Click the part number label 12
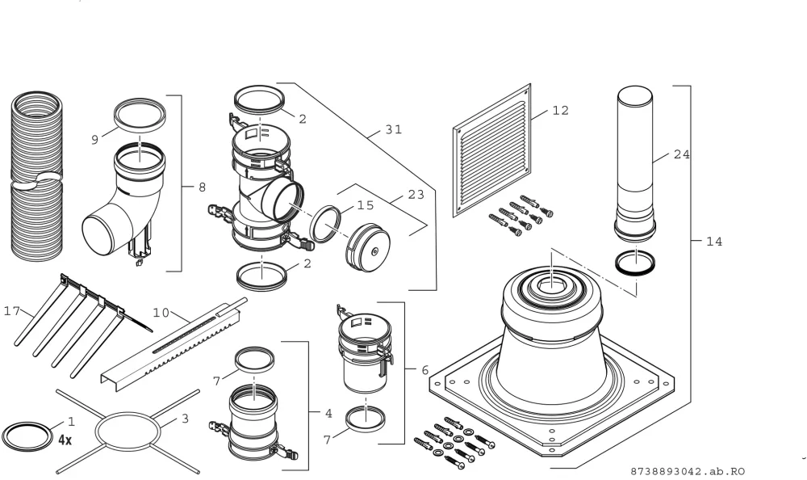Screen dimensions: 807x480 click(x=561, y=111)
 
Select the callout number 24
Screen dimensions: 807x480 click(x=681, y=154)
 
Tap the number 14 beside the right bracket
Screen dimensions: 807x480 click(x=714, y=242)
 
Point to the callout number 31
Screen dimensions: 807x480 click(x=394, y=129)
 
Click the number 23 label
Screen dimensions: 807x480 click(x=416, y=195)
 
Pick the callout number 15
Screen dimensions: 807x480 click(x=366, y=205)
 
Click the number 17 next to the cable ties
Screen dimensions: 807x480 click(x=12, y=311)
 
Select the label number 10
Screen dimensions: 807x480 click(x=161, y=313)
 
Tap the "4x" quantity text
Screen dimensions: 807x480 click(x=65, y=440)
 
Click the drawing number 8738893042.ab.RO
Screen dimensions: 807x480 click(x=688, y=471)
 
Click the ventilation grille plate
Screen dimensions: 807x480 click(x=492, y=150)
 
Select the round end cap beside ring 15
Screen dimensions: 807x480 click(x=368, y=247)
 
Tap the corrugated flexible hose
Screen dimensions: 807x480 click(x=36, y=175)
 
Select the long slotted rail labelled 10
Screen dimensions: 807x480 click(x=174, y=344)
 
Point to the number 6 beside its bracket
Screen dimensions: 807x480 click(x=424, y=370)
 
